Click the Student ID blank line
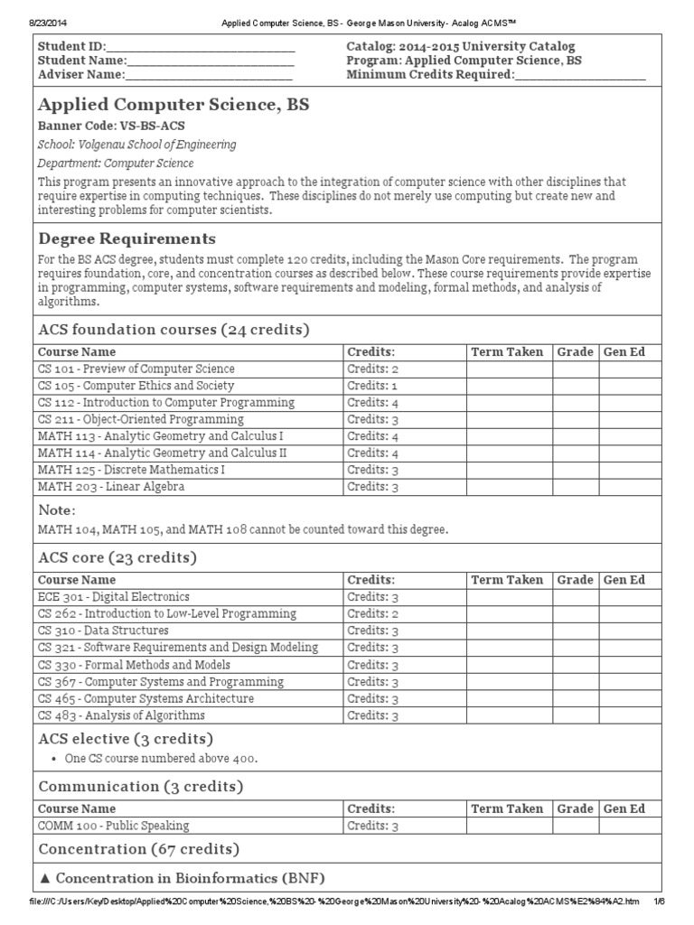201,47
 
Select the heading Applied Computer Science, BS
173,106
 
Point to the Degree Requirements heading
127,238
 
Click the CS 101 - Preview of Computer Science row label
136,369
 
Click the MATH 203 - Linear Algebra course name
111,487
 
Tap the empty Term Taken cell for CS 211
509,419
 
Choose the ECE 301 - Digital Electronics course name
114,597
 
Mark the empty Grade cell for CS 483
575,715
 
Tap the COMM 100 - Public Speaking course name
113,826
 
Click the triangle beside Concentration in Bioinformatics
44,879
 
